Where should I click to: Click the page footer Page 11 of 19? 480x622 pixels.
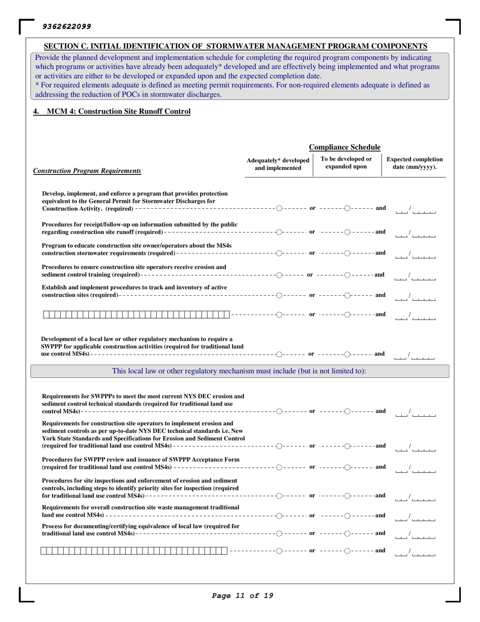pyautogui.click(x=243, y=595)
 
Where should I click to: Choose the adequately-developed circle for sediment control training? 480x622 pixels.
pyautogui.click(x=279, y=274)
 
